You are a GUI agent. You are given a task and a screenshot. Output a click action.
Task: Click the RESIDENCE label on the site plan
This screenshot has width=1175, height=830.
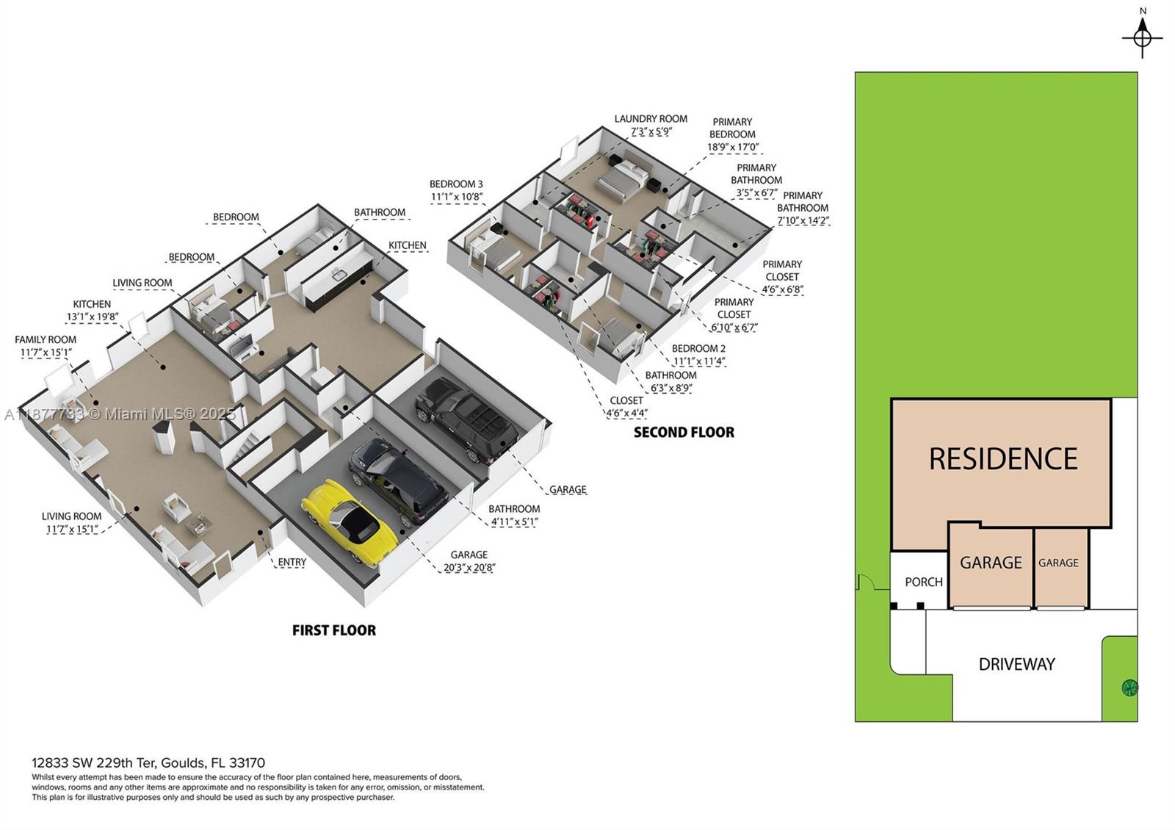tap(1002, 459)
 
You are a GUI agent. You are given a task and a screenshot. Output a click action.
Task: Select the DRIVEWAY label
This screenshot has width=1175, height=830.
tap(1016, 665)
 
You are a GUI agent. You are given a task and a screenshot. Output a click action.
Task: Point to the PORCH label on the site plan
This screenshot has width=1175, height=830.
tap(923, 582)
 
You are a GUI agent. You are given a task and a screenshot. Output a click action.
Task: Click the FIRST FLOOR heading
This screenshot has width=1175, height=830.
tap(333, 630)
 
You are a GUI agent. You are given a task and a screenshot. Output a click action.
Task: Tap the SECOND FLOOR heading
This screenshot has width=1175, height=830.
tap(684, 433)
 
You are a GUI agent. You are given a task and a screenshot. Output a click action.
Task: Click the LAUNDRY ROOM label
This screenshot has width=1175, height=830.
tap(651, 119)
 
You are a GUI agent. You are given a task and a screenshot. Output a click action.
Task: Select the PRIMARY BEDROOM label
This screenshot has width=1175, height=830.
tap(732, 128)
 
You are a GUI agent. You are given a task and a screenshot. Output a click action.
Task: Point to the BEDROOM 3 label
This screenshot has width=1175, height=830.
tap(456, 184)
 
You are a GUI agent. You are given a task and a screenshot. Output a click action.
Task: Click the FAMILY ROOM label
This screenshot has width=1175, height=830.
tap(46, 340)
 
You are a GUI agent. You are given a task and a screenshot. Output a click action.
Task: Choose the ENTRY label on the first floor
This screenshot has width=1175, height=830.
tap(292, 563)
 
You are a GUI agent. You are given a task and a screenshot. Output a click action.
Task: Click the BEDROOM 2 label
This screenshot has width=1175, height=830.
tap(698, 349)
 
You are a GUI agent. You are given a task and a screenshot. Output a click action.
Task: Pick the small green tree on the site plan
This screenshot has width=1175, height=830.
tap(1129, 688)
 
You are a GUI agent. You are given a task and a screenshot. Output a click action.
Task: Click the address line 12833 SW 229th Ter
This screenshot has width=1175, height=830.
tap(148, 763)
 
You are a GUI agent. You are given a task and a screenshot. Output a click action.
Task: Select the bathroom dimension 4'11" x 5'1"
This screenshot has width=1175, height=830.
tap(514, 522)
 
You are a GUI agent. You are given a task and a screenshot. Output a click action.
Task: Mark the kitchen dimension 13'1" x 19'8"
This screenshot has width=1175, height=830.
tap(92, 317)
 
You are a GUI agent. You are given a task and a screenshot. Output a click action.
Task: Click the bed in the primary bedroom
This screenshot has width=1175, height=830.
tap(624, 178)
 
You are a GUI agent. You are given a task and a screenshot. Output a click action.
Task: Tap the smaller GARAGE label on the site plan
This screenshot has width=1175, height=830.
tap(1058, 563)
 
